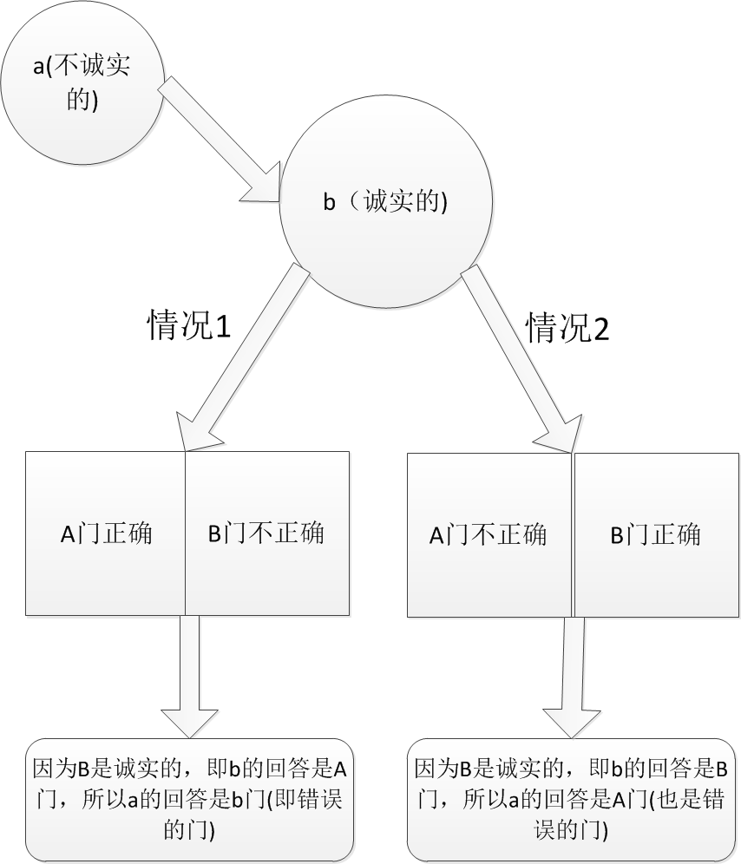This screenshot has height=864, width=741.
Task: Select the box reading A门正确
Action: click(106, 533)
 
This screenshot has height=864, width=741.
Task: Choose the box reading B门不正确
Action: click(267, 533)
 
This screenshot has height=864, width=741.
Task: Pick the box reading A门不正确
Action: click(489, 534)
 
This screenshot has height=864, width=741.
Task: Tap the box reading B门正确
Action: click(655, 534)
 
